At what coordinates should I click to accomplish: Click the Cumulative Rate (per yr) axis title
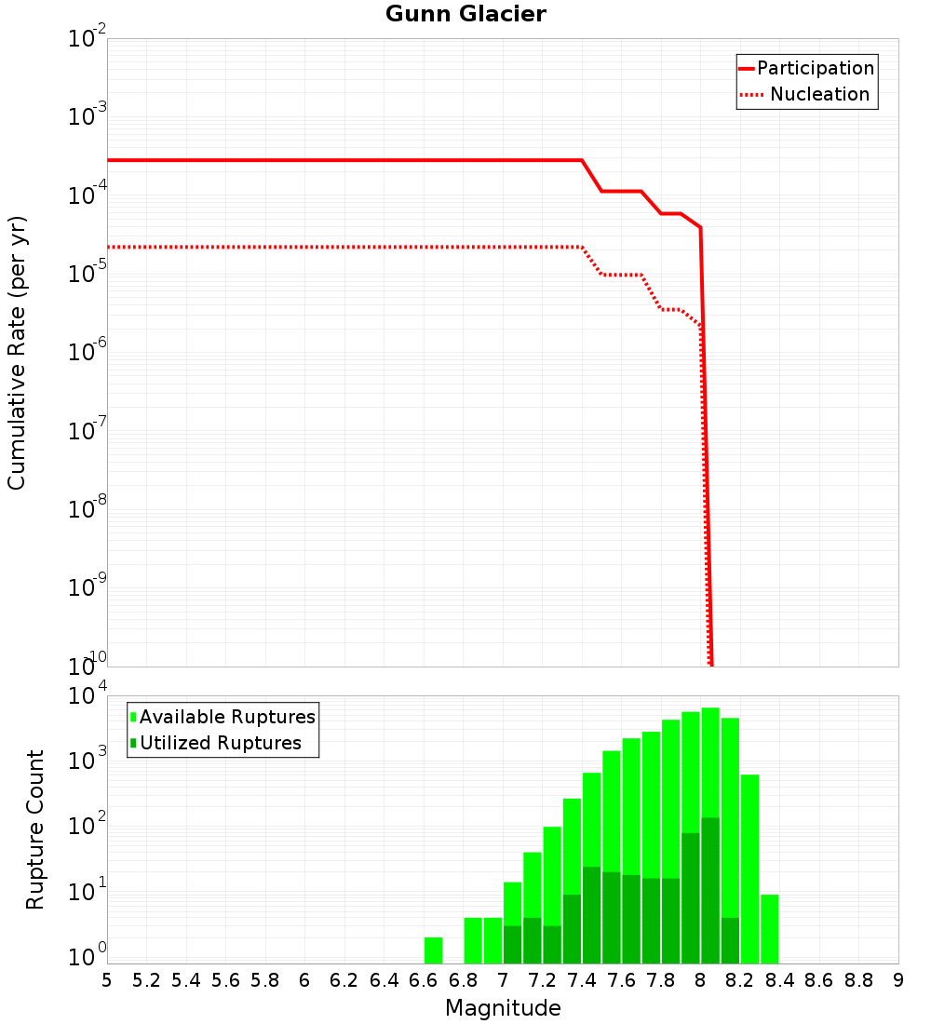(x=17, y=353)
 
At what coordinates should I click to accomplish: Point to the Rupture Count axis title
(x=35, y=829)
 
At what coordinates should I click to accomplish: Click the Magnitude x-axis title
(x=503, y=1008)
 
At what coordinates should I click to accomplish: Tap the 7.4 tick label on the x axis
(x=582, y=980)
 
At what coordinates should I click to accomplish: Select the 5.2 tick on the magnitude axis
(x=147, y=980)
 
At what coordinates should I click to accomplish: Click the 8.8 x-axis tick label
(x=859, y=980)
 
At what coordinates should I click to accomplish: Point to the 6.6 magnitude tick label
(x=424, y=980)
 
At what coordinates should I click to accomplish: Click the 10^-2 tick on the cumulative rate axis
(x=88, y=39)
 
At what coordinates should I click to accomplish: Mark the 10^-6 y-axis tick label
(x=88, y=353)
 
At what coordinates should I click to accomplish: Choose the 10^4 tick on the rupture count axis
(x=88, y=695)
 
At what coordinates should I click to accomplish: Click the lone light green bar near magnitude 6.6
(x=433, y=950)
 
